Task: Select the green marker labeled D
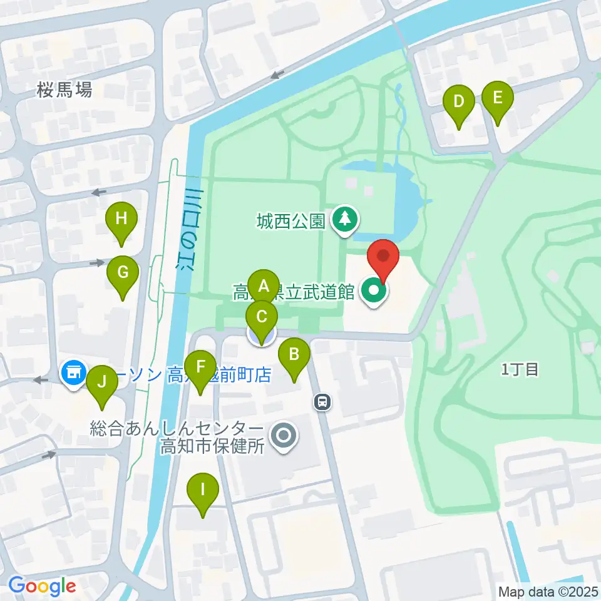click(459, 101)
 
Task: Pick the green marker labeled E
click(498, 98)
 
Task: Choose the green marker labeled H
click(121, 218)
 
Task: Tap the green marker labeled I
click(202, 488)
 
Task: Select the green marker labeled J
click(102, 381)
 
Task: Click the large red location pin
click(383, 257)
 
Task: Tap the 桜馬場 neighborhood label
click(64, 90)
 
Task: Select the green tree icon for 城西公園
click(344, 219)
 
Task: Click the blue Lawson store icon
click(73, 372)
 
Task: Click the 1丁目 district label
click(520, 369)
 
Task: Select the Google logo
click(42, 586)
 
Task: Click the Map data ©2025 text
click(548, 591)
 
